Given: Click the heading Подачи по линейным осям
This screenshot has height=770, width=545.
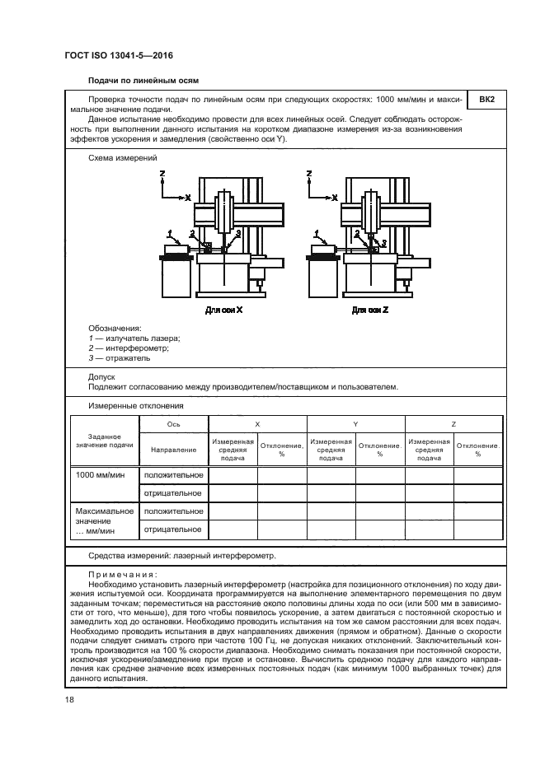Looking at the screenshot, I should pyautogui.click(x=143, y=80).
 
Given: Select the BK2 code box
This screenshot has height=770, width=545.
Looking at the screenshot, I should pyautogui.click(x=486, y=100).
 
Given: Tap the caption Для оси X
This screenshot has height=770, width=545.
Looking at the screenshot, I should pyautogui.click(x=223, y=311).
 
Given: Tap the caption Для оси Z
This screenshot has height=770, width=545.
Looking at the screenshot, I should pyautogui.click(x=369, y=311).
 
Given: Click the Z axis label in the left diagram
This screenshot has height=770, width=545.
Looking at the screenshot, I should pyautogui.click(x=162, y=175).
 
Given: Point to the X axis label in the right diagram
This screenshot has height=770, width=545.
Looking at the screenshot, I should pyautogui.click(x=334, y=198).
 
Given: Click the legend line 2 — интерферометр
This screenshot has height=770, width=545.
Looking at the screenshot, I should pyautogui.click(x=129, y=348).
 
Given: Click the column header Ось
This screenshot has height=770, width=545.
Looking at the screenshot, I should pyautogui.click(x=174, y=423).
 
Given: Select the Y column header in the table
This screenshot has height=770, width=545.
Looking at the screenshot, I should pyautogui.click(x=355, y=423).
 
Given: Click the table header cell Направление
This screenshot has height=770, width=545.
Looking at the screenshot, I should pyautogui.click(x=174, y=450).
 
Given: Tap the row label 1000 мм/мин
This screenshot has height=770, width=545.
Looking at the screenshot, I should pyautogui.click(x=100, y=475).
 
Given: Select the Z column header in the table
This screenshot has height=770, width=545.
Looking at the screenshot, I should pyautogui.click(x=453, y=423).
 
